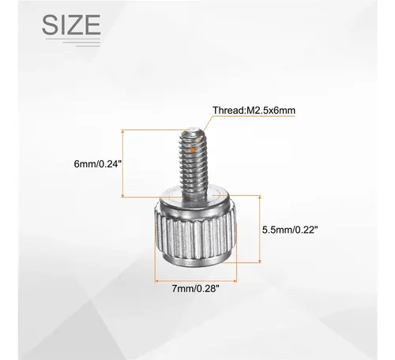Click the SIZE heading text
click(x=71, y=24)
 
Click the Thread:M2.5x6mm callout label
click(x=254, y=111)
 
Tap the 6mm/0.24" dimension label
click(x=98, y=164)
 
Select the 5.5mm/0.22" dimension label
click(x=290, y=230)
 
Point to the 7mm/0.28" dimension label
click(x=195, y=289)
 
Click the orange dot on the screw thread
click(x=193, y=150)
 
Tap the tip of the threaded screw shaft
click(x=191, y=129)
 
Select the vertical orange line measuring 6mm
click(x=122, y=163)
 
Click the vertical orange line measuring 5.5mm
click(x=260, y=229)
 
